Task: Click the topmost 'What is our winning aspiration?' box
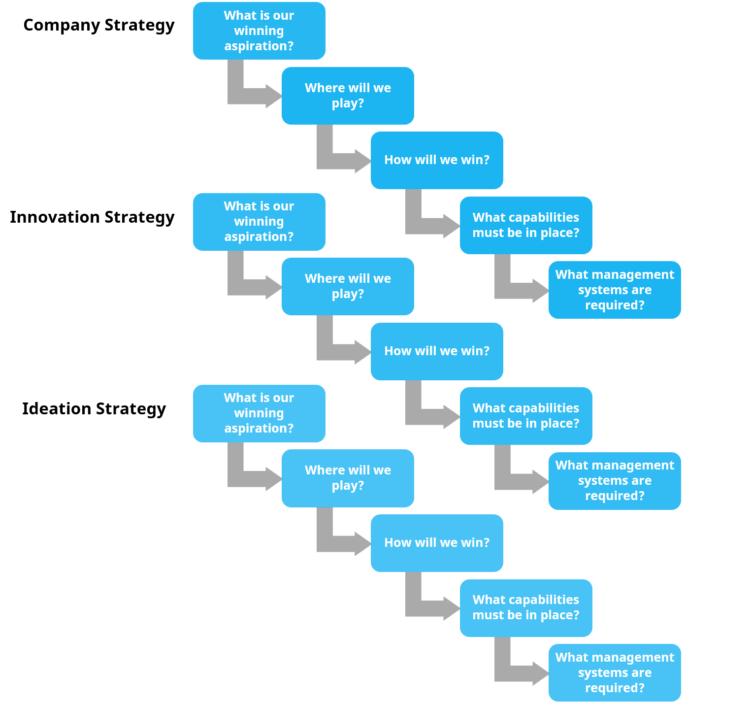point(259,31)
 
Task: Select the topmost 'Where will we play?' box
point(348,96)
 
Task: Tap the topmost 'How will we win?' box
point(437,160)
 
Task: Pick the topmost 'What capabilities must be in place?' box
point(526,225)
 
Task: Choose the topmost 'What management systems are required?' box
point(615,290)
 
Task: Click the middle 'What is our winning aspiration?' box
point(259,222)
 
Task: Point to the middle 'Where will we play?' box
point(348,286)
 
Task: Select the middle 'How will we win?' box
point(437,351)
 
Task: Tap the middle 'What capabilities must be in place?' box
point(526,416)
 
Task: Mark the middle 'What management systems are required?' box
point(615,481)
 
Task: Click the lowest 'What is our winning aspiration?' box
point(259,413)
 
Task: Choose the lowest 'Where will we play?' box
point(348,478)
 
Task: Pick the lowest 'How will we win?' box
point(437,543)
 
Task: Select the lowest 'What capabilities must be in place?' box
point(526,608)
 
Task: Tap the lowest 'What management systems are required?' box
point(615,672)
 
